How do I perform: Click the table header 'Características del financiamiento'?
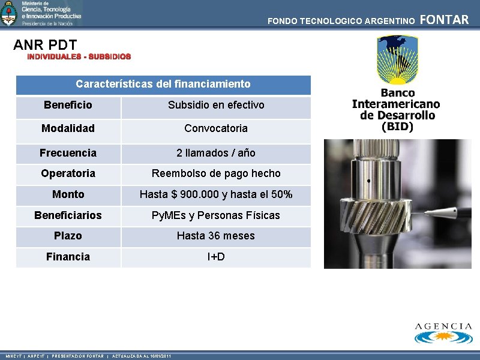[x=163, y=84]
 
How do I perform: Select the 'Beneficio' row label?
[x=68, y=105]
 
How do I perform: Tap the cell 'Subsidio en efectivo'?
[x=216, y=105]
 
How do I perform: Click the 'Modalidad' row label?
[x=68, y=128]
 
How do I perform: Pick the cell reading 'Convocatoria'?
[x=216, y=128]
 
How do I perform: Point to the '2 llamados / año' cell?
[x=216, y=153]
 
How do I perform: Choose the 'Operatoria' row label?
[x=68, y=173]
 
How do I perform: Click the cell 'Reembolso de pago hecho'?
[x=216, y=173]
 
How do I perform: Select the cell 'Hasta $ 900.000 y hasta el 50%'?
[x=216, y=194]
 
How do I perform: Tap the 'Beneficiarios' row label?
[x=68, y=215]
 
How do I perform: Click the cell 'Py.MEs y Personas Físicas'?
[x=216, y=215]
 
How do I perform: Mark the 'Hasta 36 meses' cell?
[x=216, y=236]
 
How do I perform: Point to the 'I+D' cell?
[x=216, y=257]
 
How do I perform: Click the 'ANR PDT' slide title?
[x=45, y=45]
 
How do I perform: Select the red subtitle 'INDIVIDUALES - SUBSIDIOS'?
[x=79, y=56]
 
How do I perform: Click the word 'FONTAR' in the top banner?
[x=445, y=20]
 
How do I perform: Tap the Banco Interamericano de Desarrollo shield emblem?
[x=397, y=60]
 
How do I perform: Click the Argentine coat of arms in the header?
[x=9, y=13]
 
